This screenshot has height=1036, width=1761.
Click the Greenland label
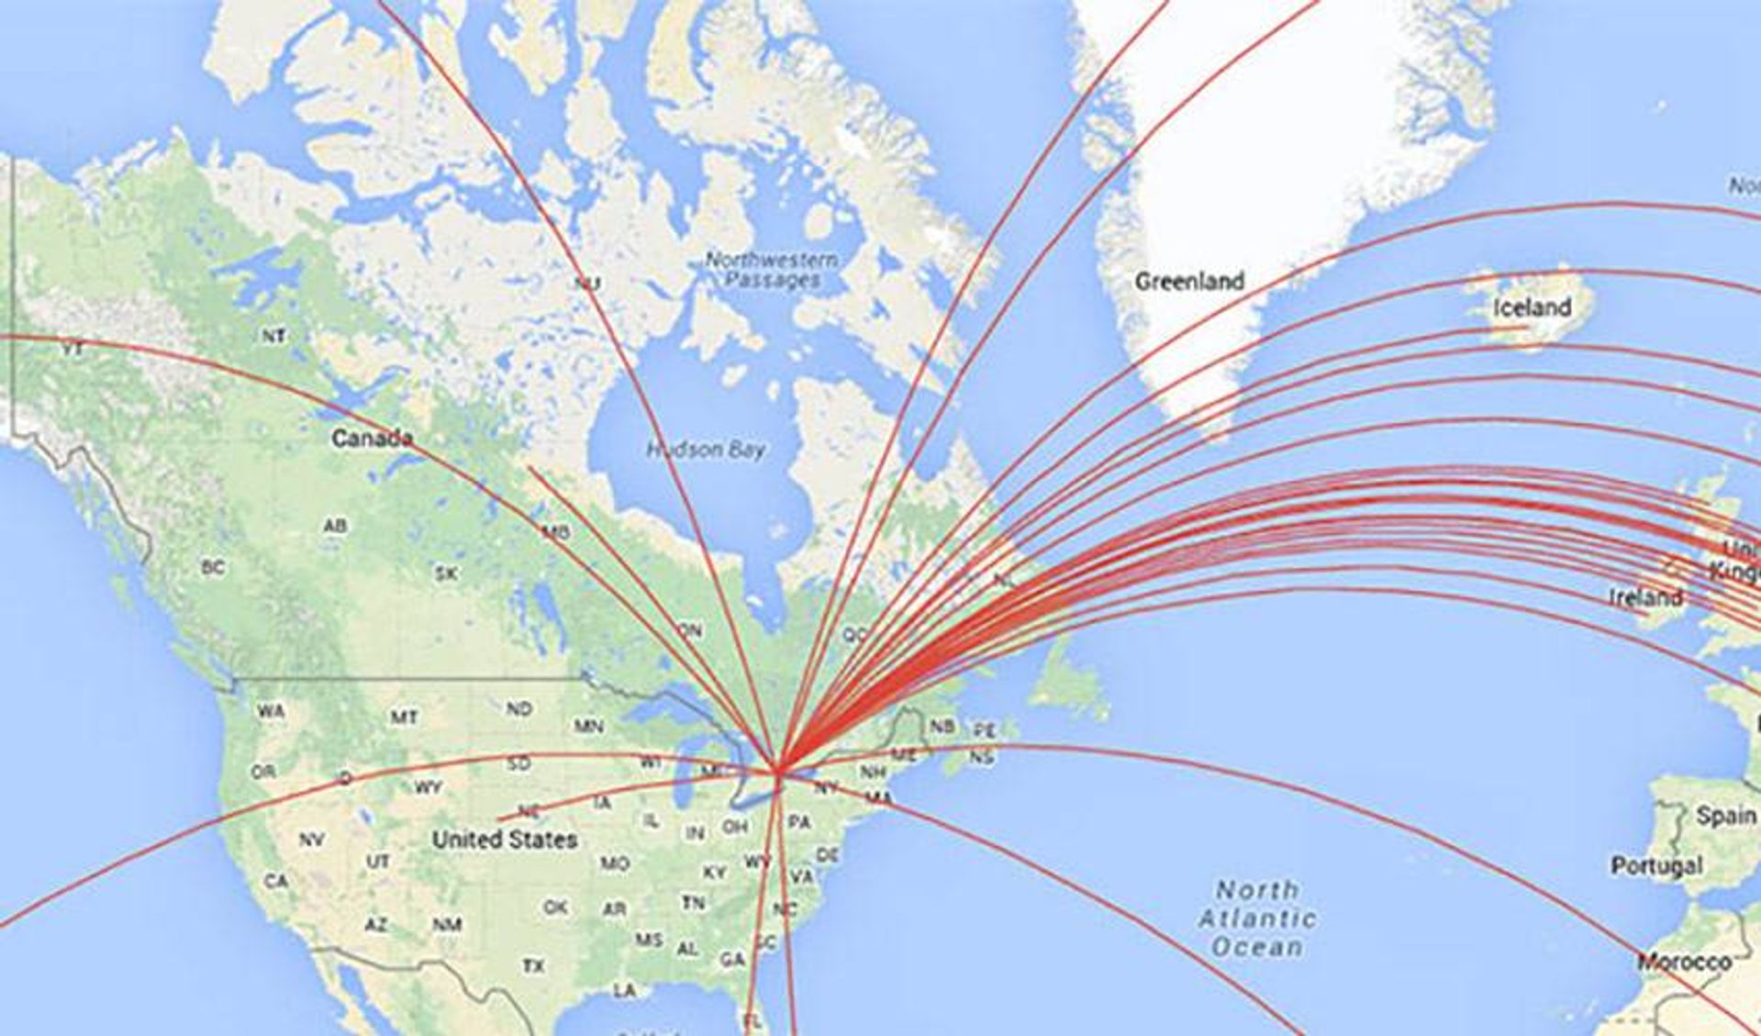point(1189,281)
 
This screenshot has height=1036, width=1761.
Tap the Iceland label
point(1532,307)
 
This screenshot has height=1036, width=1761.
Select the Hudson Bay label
point(706,450)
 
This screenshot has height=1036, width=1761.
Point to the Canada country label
point(372,439)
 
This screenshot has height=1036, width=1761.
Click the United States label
point(505,839)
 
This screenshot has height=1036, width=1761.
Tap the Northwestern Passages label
point(772,270)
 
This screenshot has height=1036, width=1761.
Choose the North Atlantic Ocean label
point(1257,918)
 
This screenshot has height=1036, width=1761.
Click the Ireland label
point(1645,598)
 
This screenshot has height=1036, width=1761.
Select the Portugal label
point(1656,865)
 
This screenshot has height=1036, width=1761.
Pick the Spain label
point(1725,816)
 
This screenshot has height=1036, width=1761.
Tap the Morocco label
point(1685,963)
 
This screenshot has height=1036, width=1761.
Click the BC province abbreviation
point(212,568)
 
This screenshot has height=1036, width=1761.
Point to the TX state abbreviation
point(533,966)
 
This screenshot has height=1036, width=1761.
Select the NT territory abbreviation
point(273,336)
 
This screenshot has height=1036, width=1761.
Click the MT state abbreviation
point(404,717)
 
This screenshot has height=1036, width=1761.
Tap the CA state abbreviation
point(276,881)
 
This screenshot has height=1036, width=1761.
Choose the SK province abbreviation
point(445,574)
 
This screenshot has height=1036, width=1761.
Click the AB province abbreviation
point(335,527)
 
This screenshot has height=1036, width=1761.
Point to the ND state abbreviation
point(518,708)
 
